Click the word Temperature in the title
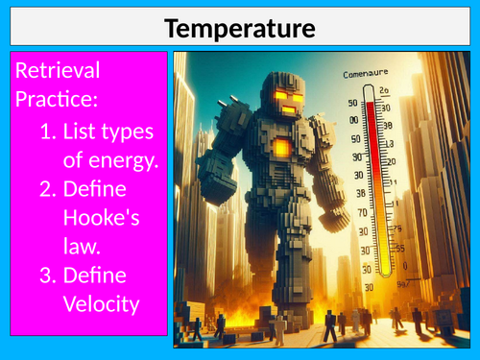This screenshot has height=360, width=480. point(240,29)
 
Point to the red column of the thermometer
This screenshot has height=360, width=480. point(370,163)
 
